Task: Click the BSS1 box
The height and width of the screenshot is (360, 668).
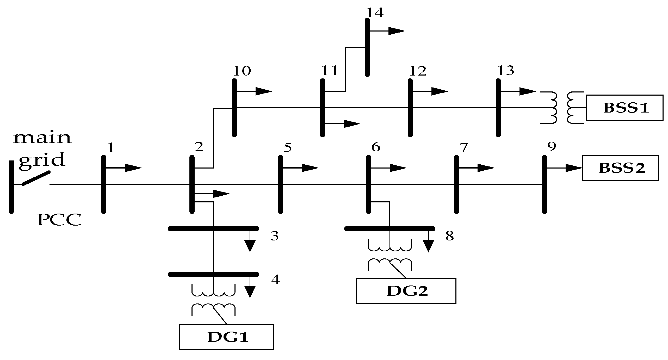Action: [624, 107]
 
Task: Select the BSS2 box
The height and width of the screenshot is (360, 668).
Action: [620, 168]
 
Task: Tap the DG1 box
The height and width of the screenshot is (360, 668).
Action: [226, 337]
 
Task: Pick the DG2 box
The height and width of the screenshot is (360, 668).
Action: [406, 291]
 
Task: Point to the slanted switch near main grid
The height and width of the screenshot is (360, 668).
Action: [36, 178]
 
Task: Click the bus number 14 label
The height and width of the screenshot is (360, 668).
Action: [375, 13]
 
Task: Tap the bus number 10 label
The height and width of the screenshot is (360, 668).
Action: [242, 71]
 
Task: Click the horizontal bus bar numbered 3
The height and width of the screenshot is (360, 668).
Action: [213, 229]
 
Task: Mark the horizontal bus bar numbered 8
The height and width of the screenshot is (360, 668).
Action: [390, 229]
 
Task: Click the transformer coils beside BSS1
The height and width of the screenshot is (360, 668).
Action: [561, 107]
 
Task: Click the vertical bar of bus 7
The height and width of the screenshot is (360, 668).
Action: [456, 184]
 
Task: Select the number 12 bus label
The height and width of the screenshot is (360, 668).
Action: [418, 71]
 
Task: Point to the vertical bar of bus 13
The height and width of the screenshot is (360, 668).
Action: [498, 107]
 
